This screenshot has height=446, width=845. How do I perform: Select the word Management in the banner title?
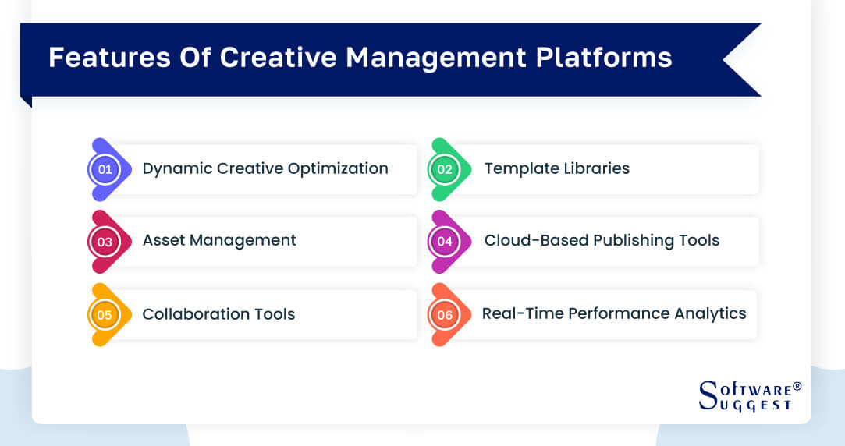422,58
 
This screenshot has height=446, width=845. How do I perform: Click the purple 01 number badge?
105,169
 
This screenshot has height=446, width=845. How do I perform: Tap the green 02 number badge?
445,169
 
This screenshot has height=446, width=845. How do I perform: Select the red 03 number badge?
105,242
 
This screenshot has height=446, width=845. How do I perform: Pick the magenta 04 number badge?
445,242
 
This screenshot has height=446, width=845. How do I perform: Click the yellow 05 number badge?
105,315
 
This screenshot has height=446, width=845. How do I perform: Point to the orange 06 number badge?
445,315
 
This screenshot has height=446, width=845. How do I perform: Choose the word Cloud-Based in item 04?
535,241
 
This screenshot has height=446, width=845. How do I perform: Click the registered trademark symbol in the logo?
797,387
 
